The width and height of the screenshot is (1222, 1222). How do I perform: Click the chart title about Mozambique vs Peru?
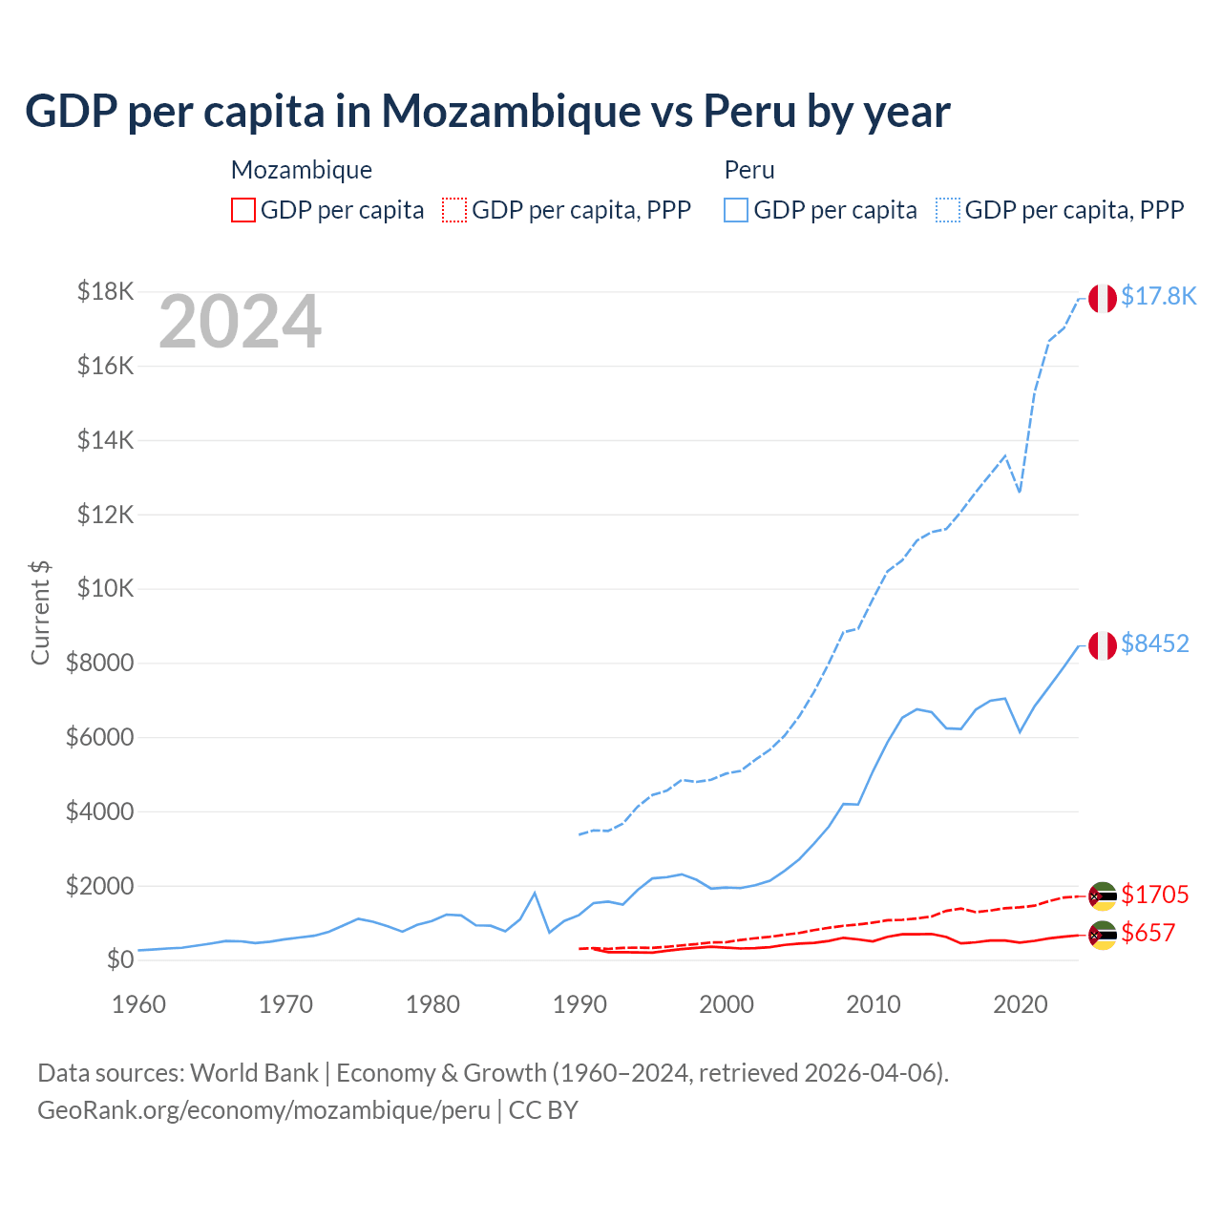tap(487, 112)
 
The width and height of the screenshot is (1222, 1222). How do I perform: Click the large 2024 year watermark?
tap(240, 322)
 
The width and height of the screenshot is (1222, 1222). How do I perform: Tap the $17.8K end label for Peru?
tap(1158, 296)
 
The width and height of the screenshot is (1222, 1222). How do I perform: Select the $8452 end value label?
tap(1154, 643)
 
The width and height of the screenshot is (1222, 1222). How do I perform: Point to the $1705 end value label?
tap(1154, 895)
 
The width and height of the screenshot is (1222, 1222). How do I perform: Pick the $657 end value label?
tap(1148, 933)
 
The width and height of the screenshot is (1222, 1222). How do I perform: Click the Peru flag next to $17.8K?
tap(1103, 299)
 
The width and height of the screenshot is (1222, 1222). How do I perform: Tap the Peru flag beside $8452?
tap(1103, 645)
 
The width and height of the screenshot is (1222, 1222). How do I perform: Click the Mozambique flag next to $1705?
tap(1103, 896)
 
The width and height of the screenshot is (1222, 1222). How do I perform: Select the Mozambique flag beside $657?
tap(1103, 935)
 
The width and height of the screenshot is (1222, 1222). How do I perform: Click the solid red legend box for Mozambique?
tap(243, 210)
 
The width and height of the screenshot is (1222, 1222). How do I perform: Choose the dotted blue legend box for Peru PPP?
tap(948, 210)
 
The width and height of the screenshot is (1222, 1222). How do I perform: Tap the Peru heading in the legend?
tap(749, 170)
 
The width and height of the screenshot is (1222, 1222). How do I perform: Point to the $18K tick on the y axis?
tap(105, 291)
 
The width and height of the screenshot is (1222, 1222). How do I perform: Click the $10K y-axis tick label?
tap(105, 588)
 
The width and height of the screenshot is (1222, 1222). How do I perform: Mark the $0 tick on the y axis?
tap(119, 959)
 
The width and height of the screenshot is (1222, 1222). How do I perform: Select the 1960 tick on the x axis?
tap(139, 1004)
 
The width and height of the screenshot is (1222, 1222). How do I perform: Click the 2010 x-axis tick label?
tap(874, 1004)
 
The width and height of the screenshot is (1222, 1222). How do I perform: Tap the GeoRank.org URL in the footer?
tap(263, 1110)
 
